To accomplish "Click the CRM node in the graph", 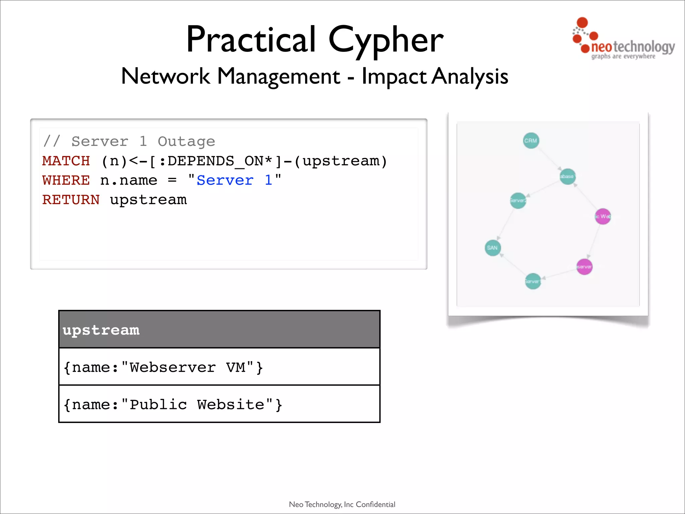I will [531, 141].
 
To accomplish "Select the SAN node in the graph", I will [492, 248].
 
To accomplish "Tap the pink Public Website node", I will [603, 217].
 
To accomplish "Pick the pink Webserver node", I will [584, 267].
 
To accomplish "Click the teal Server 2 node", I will [518, 201].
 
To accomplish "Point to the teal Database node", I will [567, 176].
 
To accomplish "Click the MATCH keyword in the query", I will [66, 161].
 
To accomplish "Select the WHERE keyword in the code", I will [66, 180].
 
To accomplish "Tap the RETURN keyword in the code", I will [71, 200].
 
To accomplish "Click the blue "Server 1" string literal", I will [234, 180].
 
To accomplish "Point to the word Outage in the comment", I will [186, 142].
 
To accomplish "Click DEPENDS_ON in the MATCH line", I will [215, 161].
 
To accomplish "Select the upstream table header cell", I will [219, 330].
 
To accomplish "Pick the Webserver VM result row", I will [219, 367].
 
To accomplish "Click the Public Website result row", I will [219, 404].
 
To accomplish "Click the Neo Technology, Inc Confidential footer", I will [342, 504].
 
